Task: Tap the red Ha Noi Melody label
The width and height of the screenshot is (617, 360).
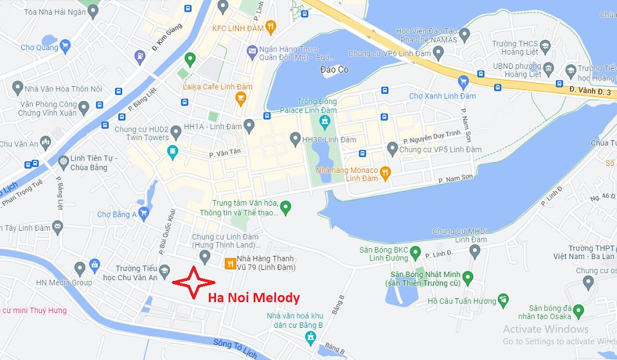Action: pos(254,298)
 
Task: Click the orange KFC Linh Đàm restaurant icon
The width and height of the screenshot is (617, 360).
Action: pos(271,27)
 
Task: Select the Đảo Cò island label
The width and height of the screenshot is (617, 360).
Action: pos(334,69)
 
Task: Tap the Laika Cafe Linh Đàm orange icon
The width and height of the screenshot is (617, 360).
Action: pos(241,98)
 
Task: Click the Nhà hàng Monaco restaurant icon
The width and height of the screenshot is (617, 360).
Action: pos(385,172)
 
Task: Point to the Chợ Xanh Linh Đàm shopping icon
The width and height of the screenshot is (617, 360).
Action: pos(463,82)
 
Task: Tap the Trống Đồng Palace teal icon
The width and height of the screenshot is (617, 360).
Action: pos(326,121)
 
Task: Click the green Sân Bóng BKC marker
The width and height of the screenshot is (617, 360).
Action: pos(415,252)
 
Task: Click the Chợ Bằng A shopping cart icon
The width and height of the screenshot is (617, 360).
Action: pos(144,214)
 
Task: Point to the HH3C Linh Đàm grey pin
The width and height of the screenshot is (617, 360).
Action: pos(295,138)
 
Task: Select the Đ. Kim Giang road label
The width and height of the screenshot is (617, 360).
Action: pos(167,37)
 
